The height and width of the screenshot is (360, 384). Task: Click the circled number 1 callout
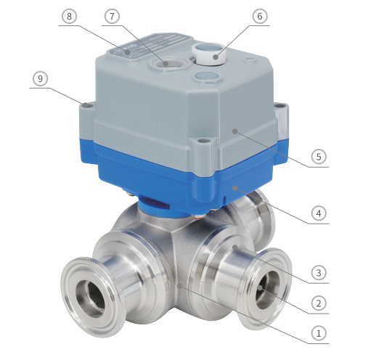tap(319, 333)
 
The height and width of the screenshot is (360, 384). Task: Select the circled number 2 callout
tap(319, 303)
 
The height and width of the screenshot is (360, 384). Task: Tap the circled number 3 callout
tap(319, 273)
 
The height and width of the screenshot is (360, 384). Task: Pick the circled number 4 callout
tap(319, 213)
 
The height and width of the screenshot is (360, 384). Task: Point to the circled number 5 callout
tap(319, 157)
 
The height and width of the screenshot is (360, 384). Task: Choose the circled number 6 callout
tap(260, 16)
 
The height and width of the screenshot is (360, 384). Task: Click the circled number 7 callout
tap(113, 16)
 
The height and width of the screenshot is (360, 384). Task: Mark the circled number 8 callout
tap(69, 16)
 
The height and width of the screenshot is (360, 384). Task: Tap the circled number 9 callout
tap(40, 78)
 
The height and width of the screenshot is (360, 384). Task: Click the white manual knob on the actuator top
tap(208, 54)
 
